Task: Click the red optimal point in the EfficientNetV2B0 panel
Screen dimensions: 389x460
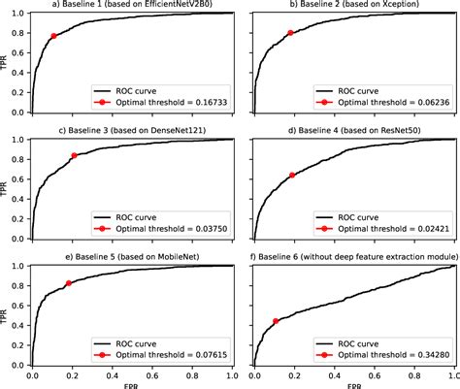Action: (53, 36)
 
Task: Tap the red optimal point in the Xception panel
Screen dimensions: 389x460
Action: (290, 34)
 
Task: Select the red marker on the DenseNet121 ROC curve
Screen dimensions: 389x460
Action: (75, 155)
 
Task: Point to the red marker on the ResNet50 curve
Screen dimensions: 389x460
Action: (292, 176)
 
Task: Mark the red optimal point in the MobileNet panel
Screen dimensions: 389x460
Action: (68, 283)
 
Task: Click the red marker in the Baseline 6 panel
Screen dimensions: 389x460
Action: (276, 321)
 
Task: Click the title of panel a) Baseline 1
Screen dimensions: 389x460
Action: (133, 6)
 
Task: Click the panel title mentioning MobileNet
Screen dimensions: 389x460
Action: (133, 257)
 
